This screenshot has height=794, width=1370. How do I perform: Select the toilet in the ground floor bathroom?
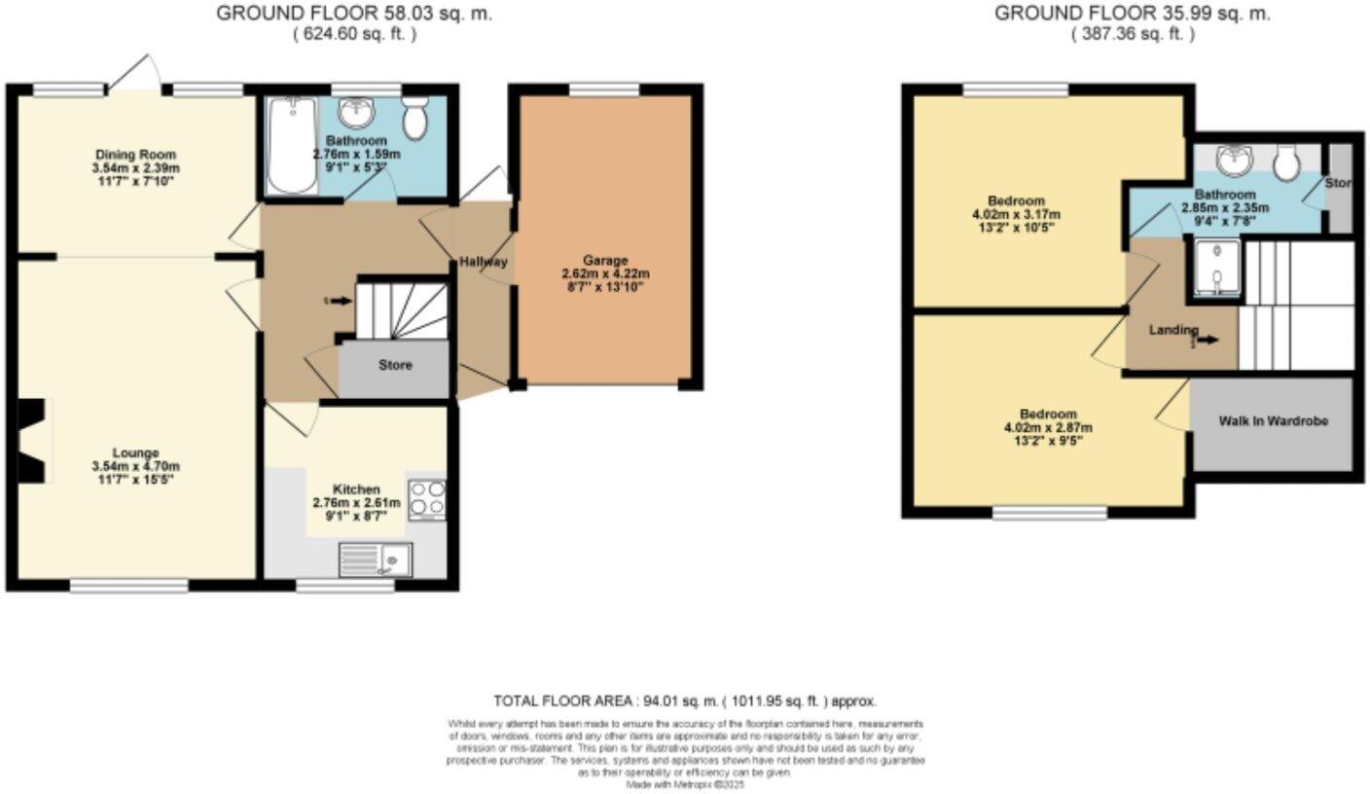(x=416, y=118)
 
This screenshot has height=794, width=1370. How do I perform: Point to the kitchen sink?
(x=375, y=559)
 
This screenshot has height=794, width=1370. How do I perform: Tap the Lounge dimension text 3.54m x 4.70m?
(x=134, y=466)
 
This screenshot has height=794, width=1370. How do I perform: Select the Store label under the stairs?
(x=395, y=366)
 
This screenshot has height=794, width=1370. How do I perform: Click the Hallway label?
(x=484, y=262)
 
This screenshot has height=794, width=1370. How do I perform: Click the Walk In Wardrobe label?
(x=1273, y=421)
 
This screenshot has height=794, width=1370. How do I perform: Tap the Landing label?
(x=1172, y=330)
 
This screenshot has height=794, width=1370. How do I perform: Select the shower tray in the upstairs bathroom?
(x=1212, y=269)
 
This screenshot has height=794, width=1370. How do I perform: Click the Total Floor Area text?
(x=685, y=701)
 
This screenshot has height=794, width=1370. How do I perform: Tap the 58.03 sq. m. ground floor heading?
(x=353, y=14)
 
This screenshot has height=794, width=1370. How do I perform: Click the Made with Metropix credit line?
(x=685, y=783)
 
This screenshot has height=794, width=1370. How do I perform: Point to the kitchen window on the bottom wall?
(x=345, y=586)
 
